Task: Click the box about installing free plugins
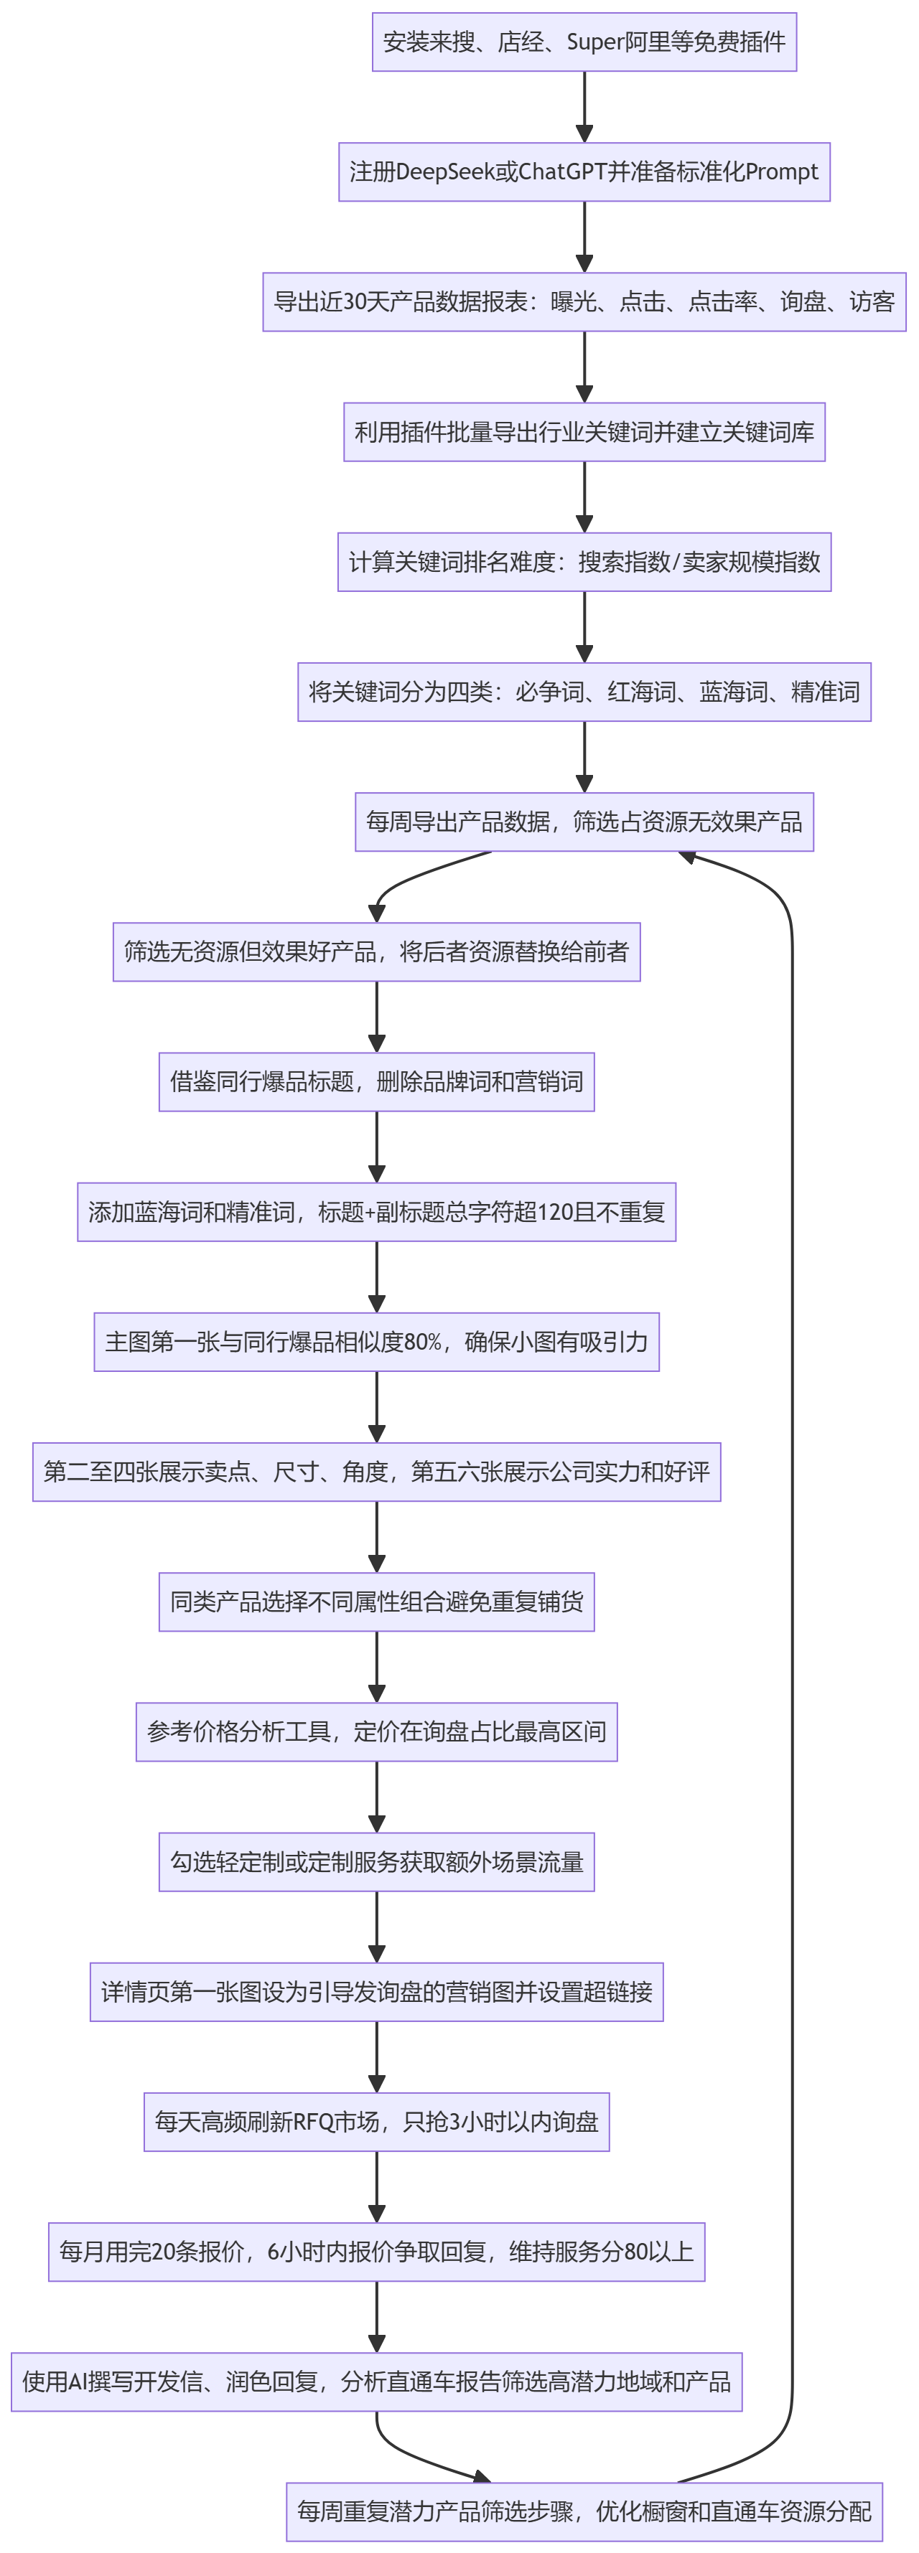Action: (584, 42)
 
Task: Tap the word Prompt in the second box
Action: (781, 172)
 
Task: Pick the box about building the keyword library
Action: (584, 432)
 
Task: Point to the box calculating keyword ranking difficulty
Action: (584, 562)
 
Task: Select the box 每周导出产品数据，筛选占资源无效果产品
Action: (584, 822)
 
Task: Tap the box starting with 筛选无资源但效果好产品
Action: (377, 951)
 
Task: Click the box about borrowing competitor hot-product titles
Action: (377, 1081)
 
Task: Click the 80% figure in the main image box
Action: (424, 1342)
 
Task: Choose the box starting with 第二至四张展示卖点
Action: (377, 1472)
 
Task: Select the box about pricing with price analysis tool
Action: (377, 1731)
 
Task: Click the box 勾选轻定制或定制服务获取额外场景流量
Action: (377, 1861)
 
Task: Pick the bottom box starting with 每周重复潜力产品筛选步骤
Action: (584, 2511)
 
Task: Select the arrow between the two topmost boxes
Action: (584, 107)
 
